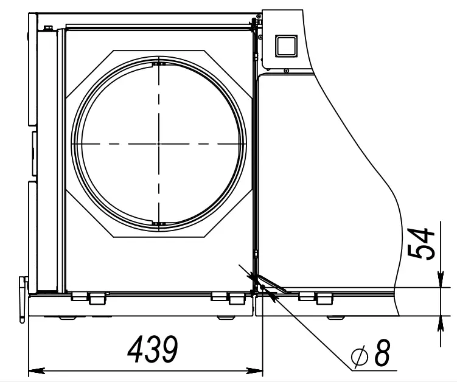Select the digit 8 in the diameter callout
tap(382, 354)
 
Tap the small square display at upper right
tap(285, 44)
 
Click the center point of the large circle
tap(158, 143)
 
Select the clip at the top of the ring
tap(158, 64)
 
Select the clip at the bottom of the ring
tap(159, 224)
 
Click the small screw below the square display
tap(285, 71)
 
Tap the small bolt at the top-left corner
tap(47, 27)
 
